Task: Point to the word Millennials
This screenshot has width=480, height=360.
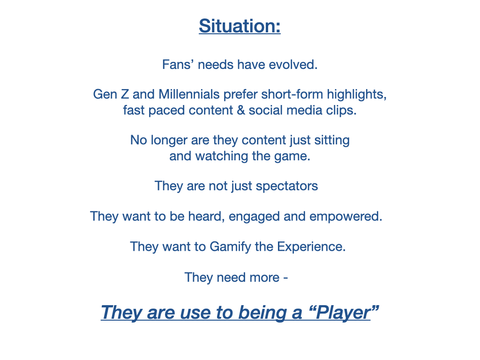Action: click(189, 94)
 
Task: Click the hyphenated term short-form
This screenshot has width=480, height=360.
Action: click(292, 94)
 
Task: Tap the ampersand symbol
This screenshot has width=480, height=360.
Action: click(240, 110)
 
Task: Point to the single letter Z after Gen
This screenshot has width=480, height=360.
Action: click(125, 94)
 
